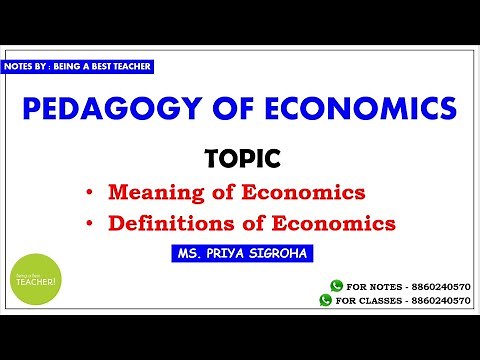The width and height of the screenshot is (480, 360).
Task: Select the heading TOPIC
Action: tap(240, 158)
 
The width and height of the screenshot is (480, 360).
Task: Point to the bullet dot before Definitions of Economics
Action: tap(90, 221)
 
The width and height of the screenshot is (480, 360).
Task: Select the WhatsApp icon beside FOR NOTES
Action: tap(335, 285)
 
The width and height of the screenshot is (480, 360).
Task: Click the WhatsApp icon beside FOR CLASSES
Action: tap(325, 299)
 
